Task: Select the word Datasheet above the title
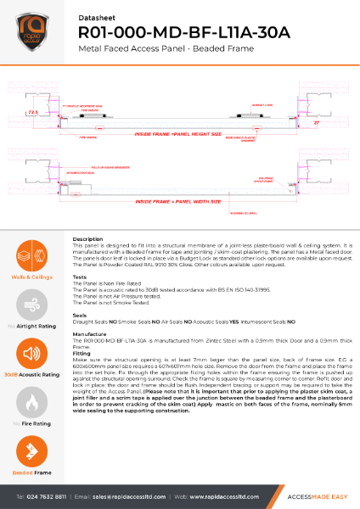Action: click(x=94, y=14)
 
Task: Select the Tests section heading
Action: click(x=81, y=277)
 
